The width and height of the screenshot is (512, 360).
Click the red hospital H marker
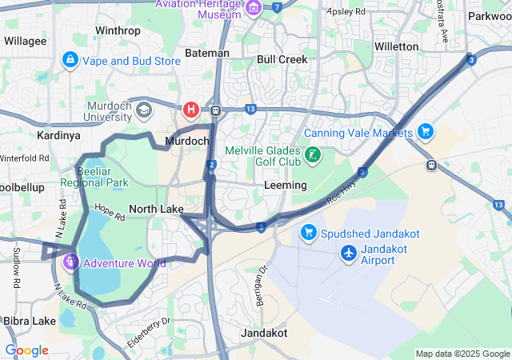pos(191,109)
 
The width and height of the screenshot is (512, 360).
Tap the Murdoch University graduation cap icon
pos(144,109)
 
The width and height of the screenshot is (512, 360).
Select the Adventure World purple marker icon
pos(70,261)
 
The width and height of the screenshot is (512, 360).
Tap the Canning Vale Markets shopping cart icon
pos(425,130)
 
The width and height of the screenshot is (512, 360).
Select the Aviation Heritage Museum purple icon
pos(254,9)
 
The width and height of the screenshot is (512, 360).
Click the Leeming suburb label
pos(285,185)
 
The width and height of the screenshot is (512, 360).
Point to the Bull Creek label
pos(277,59)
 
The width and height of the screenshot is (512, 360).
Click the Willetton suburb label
pos(396,46)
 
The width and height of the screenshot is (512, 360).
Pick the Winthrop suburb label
pos(118,31)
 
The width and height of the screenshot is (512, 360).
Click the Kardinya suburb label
pos(58,135)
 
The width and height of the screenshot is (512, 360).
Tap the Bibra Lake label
pos(28,321)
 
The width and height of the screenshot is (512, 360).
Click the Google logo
pos(26,350)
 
